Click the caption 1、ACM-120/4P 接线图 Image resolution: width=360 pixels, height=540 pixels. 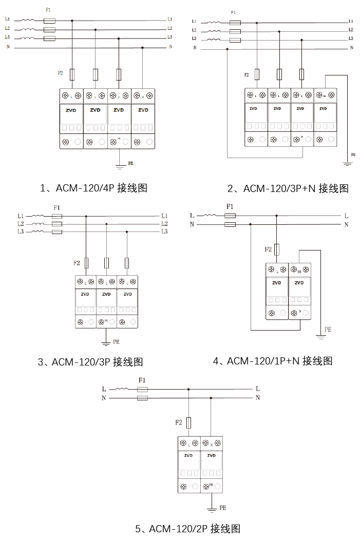(93, 188)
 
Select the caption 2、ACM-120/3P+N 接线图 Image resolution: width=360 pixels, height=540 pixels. (288, 189)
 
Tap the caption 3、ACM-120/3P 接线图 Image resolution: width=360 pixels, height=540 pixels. (90, 362)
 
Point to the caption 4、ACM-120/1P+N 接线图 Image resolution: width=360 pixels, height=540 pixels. (272, 361)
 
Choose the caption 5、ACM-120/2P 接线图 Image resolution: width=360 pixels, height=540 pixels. (188, 528)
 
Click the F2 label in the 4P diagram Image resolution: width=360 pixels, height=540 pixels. (60, 73)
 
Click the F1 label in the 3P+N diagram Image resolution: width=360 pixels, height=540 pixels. (234, 12)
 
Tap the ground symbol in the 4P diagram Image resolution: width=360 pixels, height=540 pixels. (119, 166)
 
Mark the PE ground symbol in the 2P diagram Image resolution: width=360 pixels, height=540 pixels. (211, 509)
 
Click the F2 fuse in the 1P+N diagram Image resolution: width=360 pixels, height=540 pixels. (277, 249)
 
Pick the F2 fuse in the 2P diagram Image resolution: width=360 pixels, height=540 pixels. (189, 422)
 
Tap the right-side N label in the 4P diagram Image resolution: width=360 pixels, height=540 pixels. (170, 47)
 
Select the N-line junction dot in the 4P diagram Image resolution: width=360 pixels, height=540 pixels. (142, 47)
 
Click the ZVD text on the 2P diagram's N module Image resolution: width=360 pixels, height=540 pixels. (211, 455)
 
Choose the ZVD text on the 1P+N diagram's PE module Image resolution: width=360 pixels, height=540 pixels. (300, 283)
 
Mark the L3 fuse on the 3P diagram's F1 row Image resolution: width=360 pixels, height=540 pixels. (57, 232)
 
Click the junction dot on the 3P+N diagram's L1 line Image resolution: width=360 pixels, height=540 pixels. (257, 22)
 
